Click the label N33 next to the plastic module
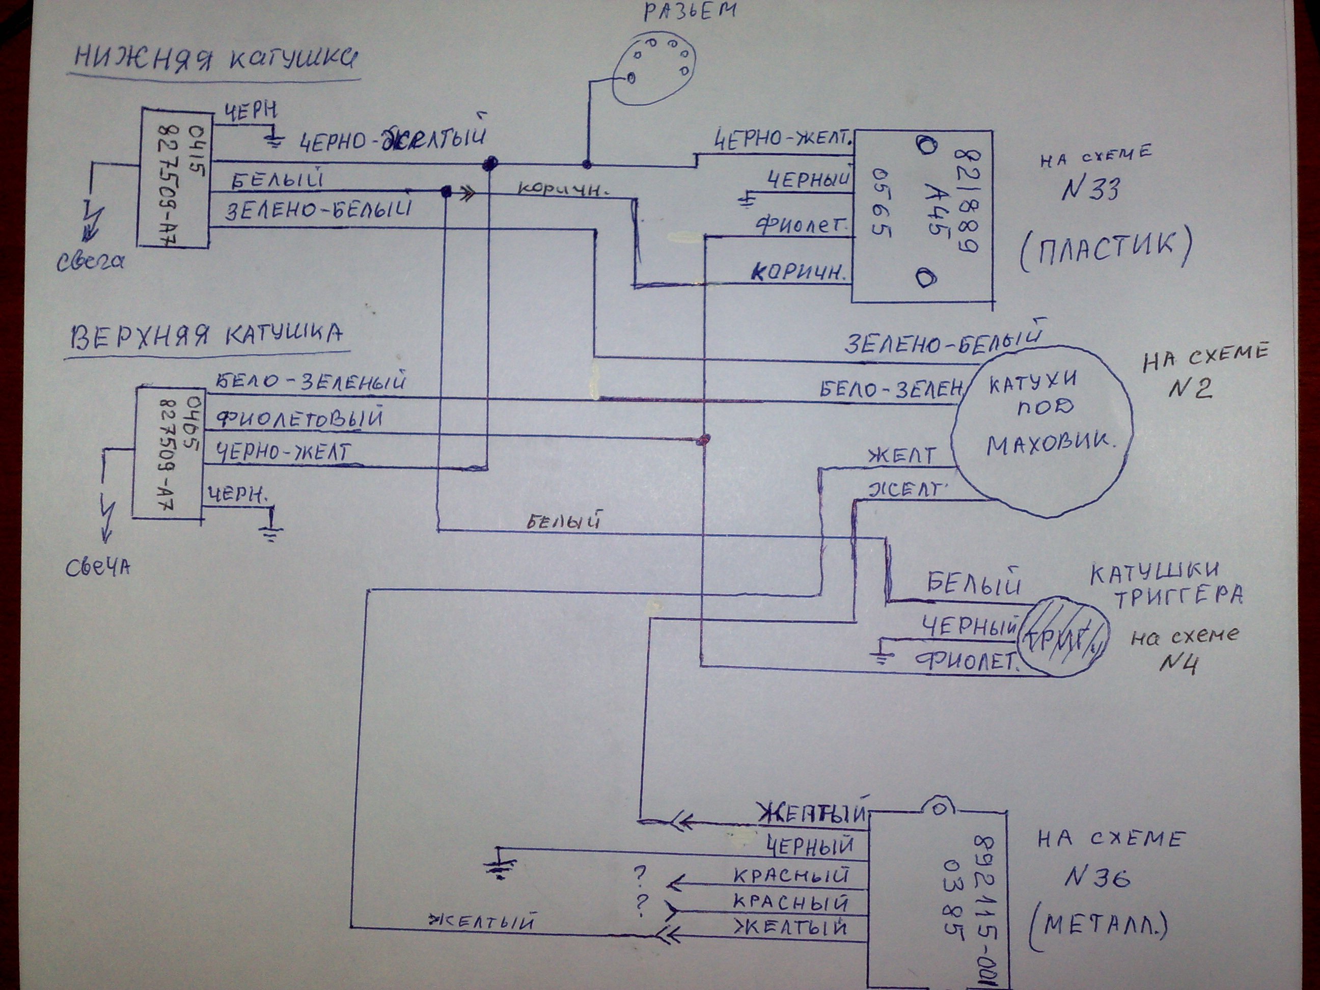click(x=1090, y=190)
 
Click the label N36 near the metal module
click(x=1097, y=878)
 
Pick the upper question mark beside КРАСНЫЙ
click(x=640, y=875)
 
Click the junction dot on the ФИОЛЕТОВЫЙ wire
click(x=704, y=440)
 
